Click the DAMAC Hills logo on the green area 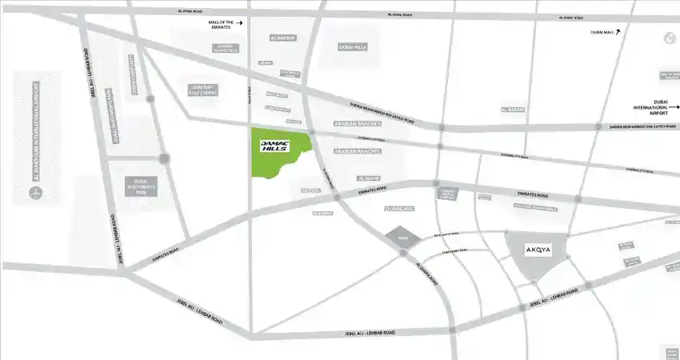coord(274,146)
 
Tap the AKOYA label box coord(538,250)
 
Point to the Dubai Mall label coord(601,32)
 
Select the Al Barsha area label coord(283,38)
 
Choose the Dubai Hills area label coord(352,47)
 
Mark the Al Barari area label coord(513,109)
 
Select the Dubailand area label coord(398,209)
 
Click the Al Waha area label coord(370,178)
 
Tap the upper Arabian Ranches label coord(357,125)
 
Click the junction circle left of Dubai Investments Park coord(164,158)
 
